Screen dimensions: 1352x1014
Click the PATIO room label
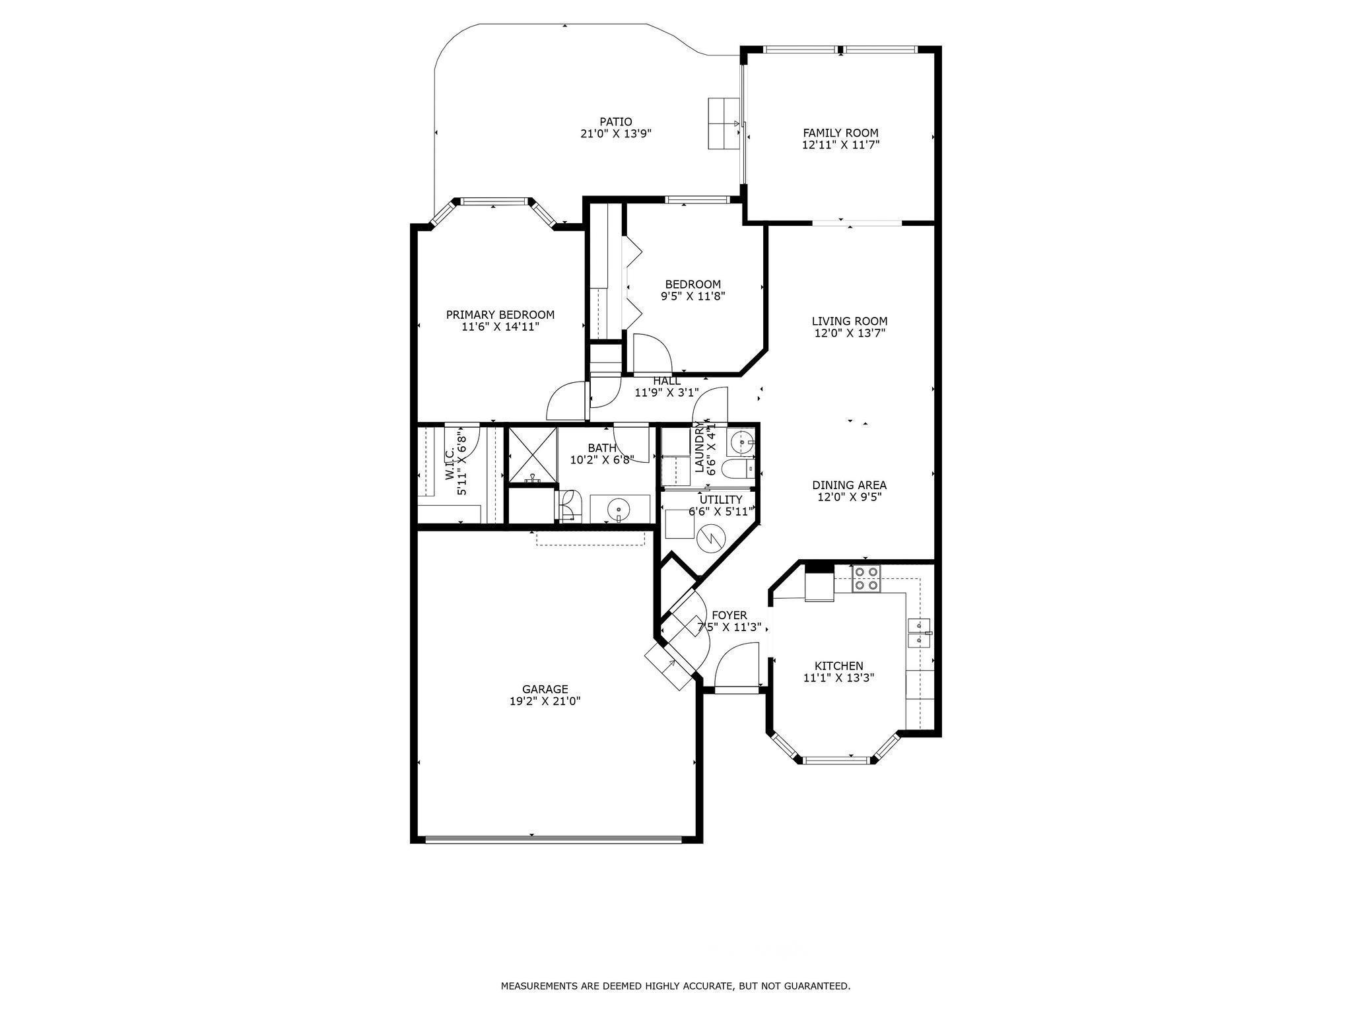(615, 121)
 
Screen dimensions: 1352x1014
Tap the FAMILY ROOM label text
(840, 133)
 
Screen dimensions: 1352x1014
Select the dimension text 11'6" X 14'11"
(500, 326)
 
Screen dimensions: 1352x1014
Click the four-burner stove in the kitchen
(866, 578)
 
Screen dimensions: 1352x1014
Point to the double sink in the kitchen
(919, 633)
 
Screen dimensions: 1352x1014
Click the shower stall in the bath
(531, 456)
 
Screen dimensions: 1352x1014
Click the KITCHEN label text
(838, 666)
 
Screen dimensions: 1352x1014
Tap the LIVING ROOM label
(850, 321)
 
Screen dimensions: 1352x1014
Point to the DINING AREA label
(849, 485)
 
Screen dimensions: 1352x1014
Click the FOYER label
(729, 615)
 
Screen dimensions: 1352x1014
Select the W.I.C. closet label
(450, 464)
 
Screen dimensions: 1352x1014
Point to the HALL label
(667, 381)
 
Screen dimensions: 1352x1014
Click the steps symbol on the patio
(724, 123)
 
